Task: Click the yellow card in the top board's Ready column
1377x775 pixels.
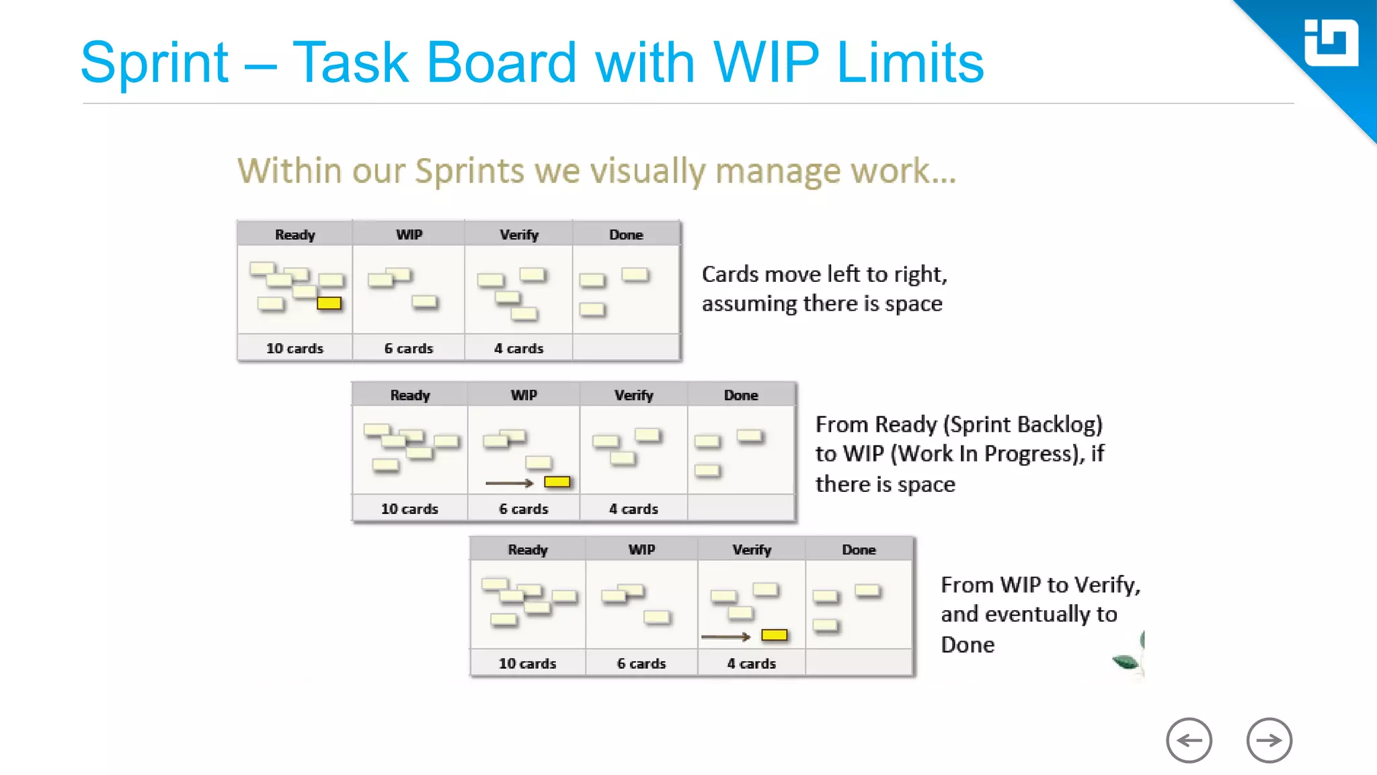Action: click(329, 303)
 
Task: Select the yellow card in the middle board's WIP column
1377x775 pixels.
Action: click(557, 482)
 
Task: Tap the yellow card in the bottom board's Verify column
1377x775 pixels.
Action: click(774, 635)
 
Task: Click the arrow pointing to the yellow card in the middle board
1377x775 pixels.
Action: click(509, 483)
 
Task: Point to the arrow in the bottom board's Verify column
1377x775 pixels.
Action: click(725, 636)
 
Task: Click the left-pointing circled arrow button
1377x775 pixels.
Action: click(1189, 741)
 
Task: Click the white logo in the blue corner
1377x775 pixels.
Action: click(1331, 43)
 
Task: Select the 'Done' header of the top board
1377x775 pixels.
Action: click(626, 235)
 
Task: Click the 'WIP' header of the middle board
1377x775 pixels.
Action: click(524, 396)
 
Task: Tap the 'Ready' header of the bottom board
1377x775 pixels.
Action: click(528, 550)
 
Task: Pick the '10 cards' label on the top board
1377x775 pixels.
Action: click(294, 348)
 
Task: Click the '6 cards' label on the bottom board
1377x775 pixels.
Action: click(641, 663)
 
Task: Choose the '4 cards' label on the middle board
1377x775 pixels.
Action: click(633, 509)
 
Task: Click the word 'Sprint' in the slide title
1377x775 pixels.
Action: click(155, 63)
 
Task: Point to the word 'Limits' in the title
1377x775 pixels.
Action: click(910, 63)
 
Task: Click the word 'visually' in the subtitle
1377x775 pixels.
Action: click(647, 171)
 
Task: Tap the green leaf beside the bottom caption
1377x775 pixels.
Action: click(1127, 662)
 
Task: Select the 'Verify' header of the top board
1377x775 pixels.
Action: click(519, 235)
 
